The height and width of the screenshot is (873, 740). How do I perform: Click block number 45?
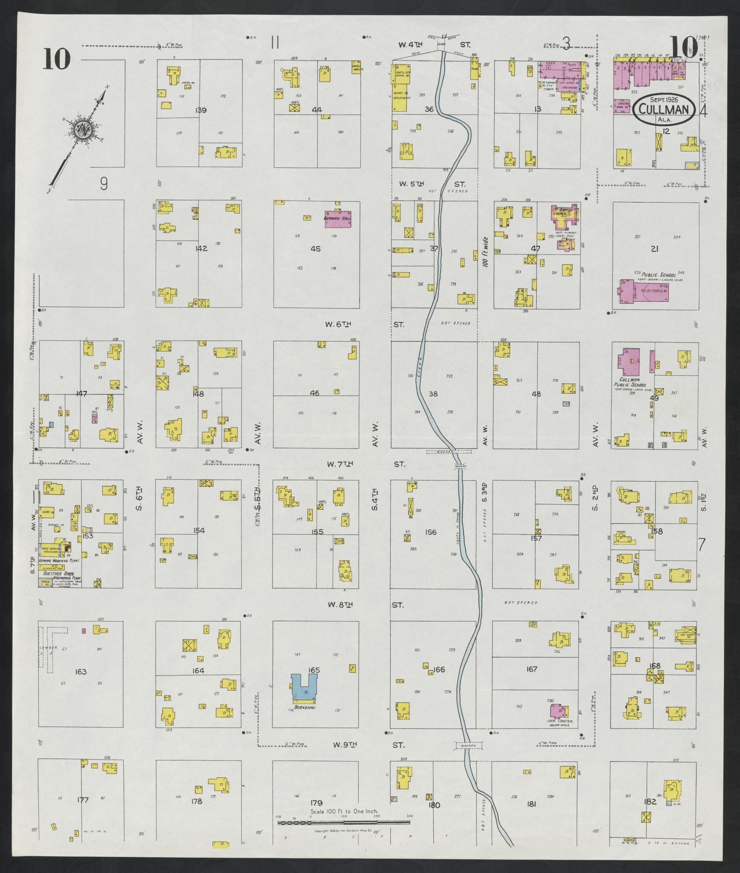(x=316, y=248)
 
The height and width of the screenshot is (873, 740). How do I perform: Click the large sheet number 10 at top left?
(x=56, y=59)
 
